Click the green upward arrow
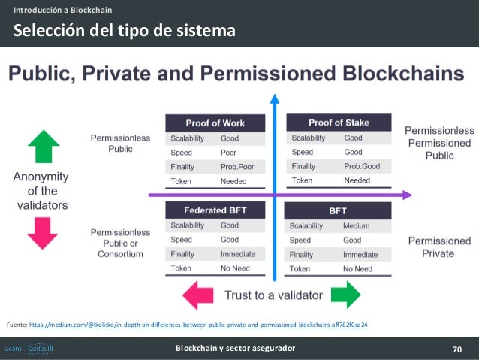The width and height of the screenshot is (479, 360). click(x=42, y=147)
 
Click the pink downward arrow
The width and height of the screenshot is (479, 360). click(x=42, y=232)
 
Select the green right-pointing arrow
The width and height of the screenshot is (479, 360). click(x=344, y=295)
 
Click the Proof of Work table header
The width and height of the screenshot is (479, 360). click(x=215, y=123)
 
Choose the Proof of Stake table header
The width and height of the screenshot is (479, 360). click(x=339, y=123)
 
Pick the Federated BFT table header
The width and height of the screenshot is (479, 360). click(x=215, y=210)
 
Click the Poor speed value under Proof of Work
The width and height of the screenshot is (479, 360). click(x=229, y=152)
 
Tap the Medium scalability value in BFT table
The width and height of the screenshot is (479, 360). click(x=356, y=225)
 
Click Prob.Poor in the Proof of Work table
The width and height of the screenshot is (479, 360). click(x=238, y=167)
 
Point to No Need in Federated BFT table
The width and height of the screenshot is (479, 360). click(x=236, y=268)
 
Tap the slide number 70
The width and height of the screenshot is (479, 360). click(x=457, y=349)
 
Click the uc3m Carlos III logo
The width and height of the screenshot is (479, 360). click(x=29, y=349)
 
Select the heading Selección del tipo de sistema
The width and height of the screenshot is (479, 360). click(x=122, y=31)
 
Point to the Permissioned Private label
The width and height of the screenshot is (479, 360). click(x=439, y=247)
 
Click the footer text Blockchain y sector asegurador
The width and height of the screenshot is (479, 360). click(x=235, y=349)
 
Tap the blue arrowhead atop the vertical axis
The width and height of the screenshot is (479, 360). click(x=275, y=98)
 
